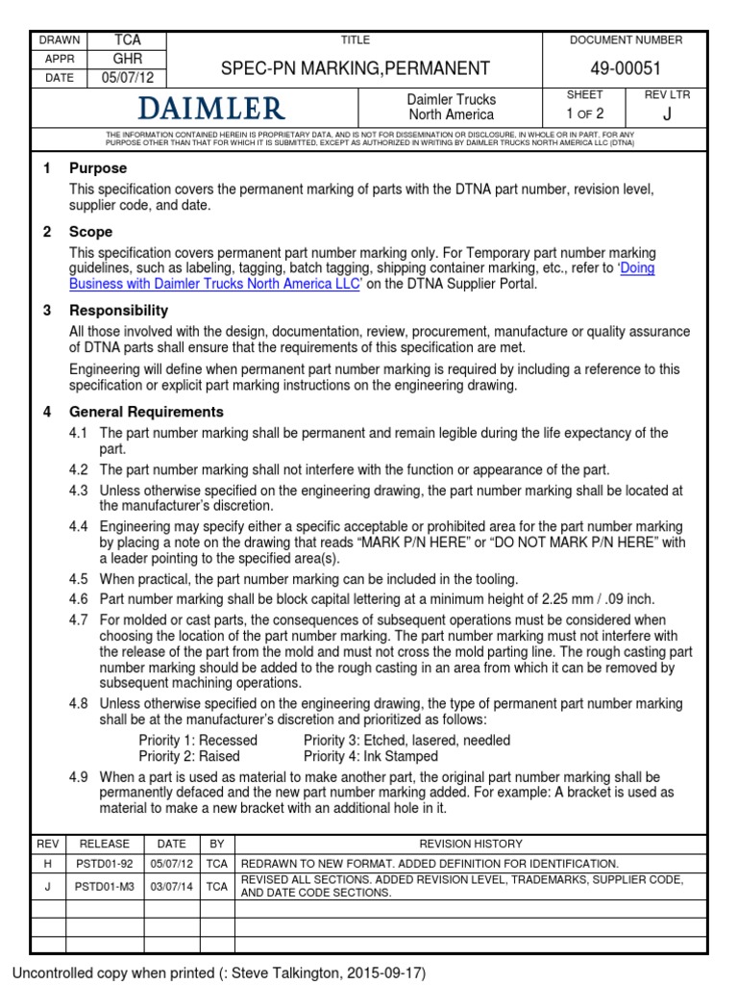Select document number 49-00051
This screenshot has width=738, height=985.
click(x=613, y=68)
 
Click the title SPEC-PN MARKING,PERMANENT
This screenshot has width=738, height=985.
click(x=356, y=68)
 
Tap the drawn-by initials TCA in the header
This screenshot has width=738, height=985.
click(x=128, y=40)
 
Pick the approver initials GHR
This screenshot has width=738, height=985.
click(x=128, y=59)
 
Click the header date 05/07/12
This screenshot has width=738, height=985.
click(x=128, y=78)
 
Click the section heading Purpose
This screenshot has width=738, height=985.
click(x=97, y=168)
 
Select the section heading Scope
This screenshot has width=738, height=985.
click(x=90, y=232)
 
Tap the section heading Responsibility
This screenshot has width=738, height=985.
click(x=118, y=311)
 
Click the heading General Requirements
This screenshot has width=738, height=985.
click(x=146, y=413)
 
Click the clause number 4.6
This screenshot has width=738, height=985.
click(x=79, y=597)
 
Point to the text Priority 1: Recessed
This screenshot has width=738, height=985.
click(x=198, y=740)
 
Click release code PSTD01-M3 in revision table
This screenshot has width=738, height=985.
click(x=104, y=886)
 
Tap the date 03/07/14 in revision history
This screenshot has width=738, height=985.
click(x=172, y=886)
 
